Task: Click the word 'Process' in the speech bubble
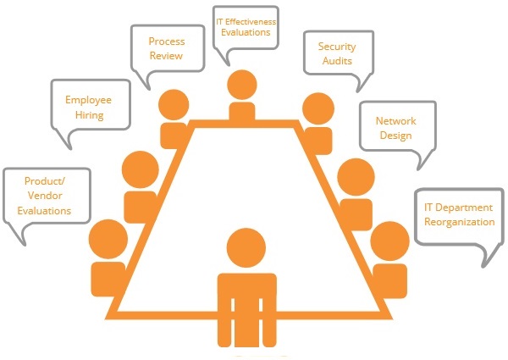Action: pyautogui.click(x=166, y=41)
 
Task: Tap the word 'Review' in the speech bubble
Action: pyautogui.click(x=166, y=57)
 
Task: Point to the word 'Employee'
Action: pyautogui.click(x=89, y=99)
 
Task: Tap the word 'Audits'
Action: pyautogui.click(x=336, y=62)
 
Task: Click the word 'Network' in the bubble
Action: pyautogui.click(x=395, y=120)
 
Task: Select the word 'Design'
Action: pyautogui.click(x=395, y=136)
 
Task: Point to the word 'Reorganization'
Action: pyautogui.click(x=460, y=222)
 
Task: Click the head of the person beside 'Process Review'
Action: pyautogui.click(x=174, y=103)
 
